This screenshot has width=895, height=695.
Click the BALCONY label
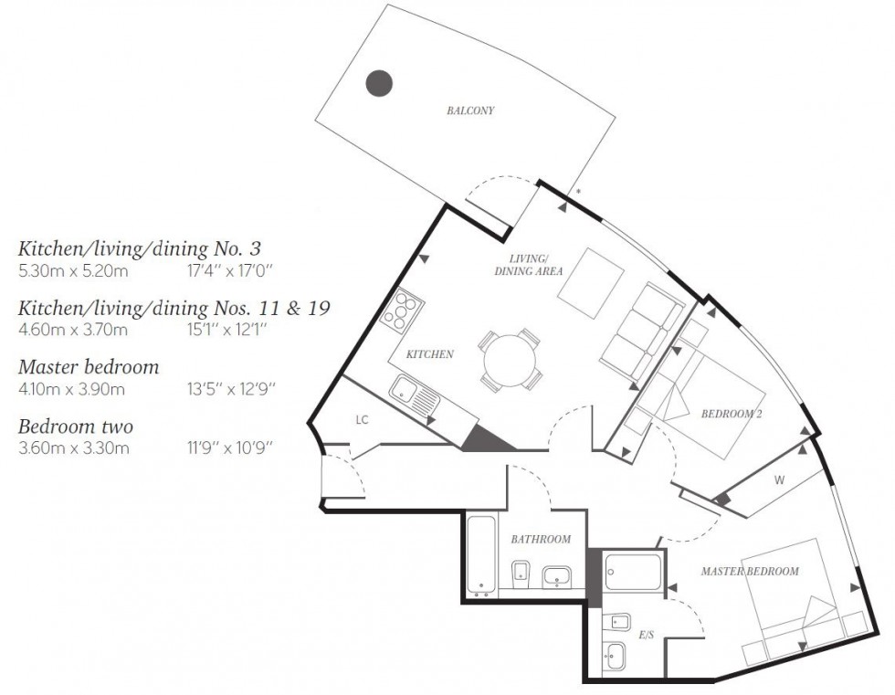click(x=470, y=111)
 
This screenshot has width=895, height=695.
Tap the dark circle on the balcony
click(x=379, y=83)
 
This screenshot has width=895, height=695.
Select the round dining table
click(x=510, y=359)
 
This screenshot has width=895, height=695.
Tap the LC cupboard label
click(x=362, y=419)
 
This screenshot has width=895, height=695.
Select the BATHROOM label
click(x=541, y=539)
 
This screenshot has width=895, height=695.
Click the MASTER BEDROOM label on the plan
click(x=749, y=571)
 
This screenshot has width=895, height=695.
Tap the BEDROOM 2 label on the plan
click(x=731, y=414)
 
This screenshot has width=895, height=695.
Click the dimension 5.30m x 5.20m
click(x=73, y=270)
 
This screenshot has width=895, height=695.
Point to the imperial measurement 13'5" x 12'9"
click(x=230, y=389)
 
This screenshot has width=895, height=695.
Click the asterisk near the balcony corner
click(x=578, y=192)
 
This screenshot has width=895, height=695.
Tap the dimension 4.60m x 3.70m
click(x=73, y=330)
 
